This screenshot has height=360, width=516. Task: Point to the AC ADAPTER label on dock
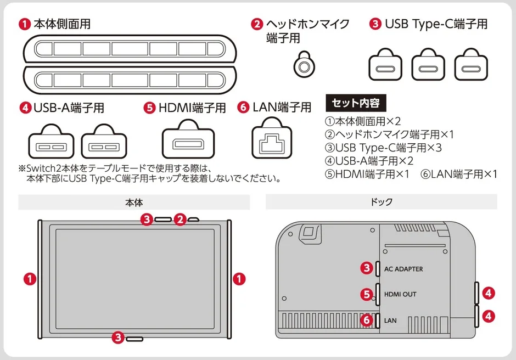point(403,269)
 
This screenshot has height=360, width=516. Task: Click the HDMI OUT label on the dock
point(400,295)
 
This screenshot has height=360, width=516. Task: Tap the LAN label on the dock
point(390,320)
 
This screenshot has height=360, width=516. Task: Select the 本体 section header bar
point(134,203)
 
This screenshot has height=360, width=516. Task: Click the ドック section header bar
point(382,203)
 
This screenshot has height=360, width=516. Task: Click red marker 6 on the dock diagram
point(367,320)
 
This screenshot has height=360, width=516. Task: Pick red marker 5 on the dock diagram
point(367,295)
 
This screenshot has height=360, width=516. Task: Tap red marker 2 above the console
point(181,220)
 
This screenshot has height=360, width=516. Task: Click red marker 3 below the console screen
point(117,337)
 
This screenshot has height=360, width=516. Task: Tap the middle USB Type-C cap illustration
point(428,65)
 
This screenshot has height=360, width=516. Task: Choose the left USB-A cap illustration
point(51,143)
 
